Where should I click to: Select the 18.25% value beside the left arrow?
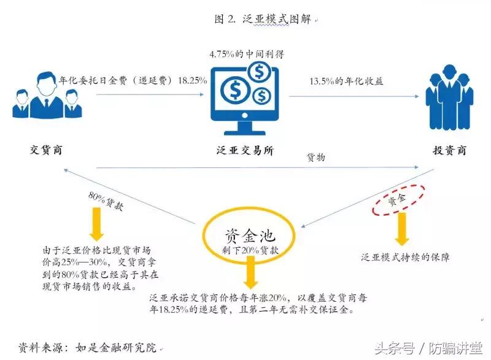(191, 80)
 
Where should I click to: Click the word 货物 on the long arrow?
(315, 158)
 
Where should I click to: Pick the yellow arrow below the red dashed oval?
(403, 228)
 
